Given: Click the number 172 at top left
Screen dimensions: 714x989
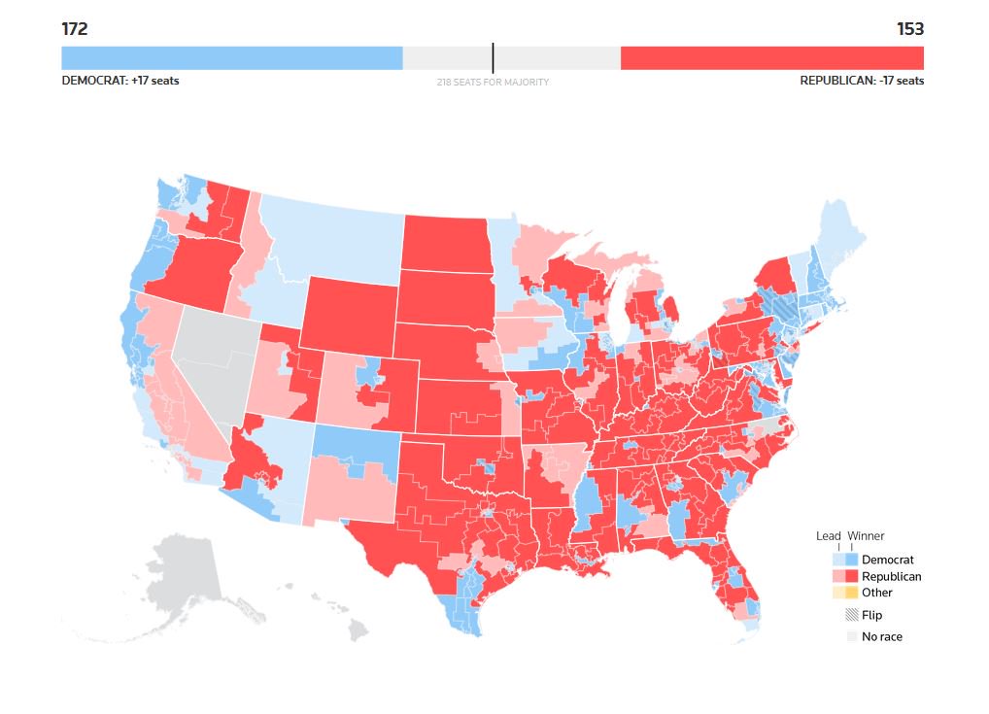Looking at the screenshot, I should pyautogui.click(x=75, y=29).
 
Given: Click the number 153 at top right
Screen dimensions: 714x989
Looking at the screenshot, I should pyautogui.click(x=910, y=29).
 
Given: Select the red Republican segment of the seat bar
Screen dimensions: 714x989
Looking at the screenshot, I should pyautogui.click(x=771, y=57).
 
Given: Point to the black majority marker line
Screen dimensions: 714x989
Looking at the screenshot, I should pyautogui.click(x=493, y=57).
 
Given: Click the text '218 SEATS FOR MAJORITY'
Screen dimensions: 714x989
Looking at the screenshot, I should pyautogui.click(x=493, y=83).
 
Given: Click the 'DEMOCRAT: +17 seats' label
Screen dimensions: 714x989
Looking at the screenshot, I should pyautogui.click(x=120, y=81).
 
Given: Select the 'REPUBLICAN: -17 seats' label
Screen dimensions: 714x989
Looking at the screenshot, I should pyautogui.click(x=862, y=81).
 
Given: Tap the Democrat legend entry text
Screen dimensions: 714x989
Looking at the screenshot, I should pyautogui.click(x=887, y=560).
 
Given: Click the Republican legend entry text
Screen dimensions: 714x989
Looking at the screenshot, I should pyautogui.click(x=891, y=576).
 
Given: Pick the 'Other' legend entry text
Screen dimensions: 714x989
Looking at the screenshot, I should pyautogui.click(x=876, y=593).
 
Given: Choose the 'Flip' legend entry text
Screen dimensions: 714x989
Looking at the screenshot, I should pyautogui.click(x=871, y=615).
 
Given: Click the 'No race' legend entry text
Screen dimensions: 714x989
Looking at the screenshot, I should pyautogui.click(x=881, y=637).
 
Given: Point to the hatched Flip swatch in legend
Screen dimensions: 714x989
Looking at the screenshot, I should pyautogui.click(x=852, y=615).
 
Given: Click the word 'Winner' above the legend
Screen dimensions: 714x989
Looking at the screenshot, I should pyautogui.click(x=866, y=535).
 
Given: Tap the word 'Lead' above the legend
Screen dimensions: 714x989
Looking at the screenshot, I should pyautogui.click(x=828, y=535).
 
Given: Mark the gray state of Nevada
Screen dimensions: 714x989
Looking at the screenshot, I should pyautogui.click(x=210, y=359).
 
